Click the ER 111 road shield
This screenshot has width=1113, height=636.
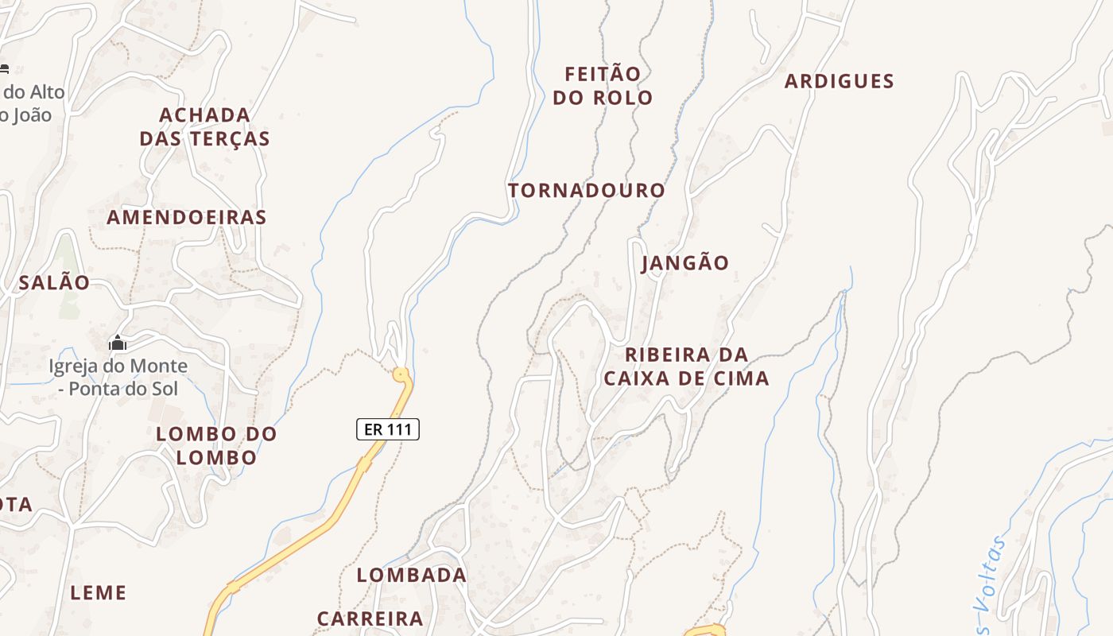(x=387, y=429)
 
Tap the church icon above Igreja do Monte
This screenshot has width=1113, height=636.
(x=118, y=343)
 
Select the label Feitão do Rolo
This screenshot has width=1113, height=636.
(x=603, y=86)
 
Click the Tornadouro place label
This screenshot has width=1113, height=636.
(x=586, y=191)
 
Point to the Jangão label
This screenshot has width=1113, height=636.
(x=684, y=263)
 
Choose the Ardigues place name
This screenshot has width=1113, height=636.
(x=839, y=81)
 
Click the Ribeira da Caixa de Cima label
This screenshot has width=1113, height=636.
(x=686, y=366)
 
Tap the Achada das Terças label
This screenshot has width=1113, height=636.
(x=204, y=126)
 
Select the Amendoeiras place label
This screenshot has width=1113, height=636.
(x=187, y=217)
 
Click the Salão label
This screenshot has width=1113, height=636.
(x=54, y=282)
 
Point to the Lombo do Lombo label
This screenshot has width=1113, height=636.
(x=216, y=445)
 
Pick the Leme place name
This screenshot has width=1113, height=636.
(x=99, y=592)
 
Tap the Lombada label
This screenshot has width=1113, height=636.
(x=411, y=575)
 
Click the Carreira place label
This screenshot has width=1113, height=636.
(x=370, y=618)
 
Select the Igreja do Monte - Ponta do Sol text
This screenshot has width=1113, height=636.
(x=118, y=378)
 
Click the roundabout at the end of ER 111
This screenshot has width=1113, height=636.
(x=401, y=373)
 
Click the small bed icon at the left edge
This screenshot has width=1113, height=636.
(x=4, y=69)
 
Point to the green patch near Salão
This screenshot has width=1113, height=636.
(x=68, y=278)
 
